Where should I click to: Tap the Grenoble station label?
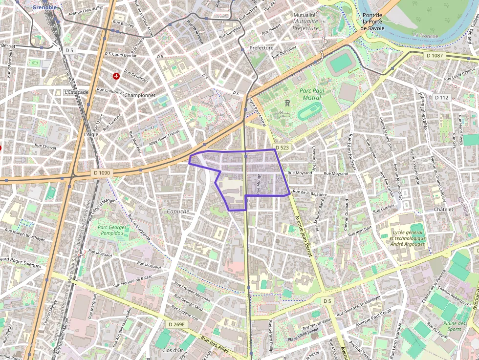click(44, 7)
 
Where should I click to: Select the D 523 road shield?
click(283, 147)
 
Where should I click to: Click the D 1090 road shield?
click(102, 172)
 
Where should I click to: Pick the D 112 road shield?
click(441, 98)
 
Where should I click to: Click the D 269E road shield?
click(177, 324)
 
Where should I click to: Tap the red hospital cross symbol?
click(116, 76)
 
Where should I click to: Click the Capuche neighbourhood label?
click(178, 211)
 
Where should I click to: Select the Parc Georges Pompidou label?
click(112, 230)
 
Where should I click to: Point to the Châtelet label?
click(443, 209)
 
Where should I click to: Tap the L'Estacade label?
click(77, 92)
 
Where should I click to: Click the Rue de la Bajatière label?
click(309, 193)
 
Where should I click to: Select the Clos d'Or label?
click(173, 350)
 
